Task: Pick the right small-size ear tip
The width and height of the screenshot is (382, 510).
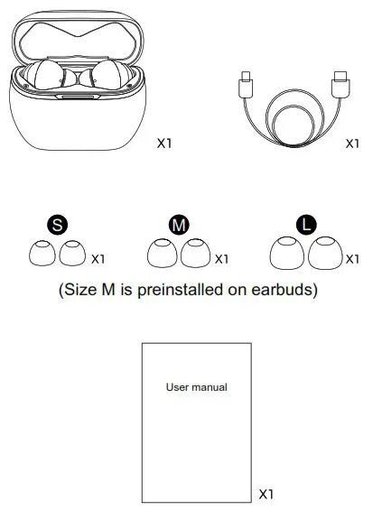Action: point(72,255)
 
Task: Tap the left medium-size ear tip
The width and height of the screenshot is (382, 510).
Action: point(163,255)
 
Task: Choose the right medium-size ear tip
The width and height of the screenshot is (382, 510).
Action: point(194,255)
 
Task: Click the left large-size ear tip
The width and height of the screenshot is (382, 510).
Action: point(287,255)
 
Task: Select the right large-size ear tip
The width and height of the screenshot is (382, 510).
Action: point(324,255)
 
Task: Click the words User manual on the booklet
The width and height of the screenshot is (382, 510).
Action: point(196,387)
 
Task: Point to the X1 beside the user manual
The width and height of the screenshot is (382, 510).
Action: point(266,495)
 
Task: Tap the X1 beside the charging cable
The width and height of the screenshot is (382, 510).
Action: point(353,143)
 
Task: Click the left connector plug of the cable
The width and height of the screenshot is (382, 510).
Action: point(247,85)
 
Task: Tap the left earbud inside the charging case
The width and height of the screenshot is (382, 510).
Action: point(47,79)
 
